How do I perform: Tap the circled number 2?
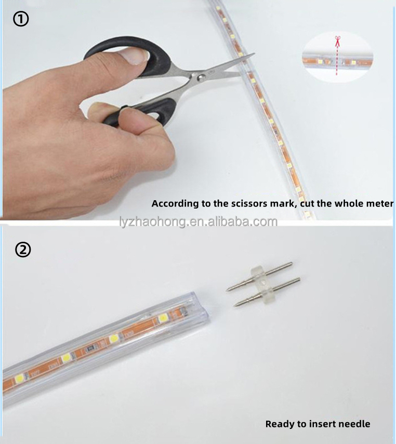tap(23, 249)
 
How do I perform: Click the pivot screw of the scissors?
tap(201, 77)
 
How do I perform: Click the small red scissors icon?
tap(337, 41)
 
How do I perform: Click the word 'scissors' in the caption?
tap(249, 204)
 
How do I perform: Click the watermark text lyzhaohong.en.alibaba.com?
tap(199, 221)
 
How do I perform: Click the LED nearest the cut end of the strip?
tap(163, 318)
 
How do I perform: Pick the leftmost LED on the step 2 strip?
tap(19, 379)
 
